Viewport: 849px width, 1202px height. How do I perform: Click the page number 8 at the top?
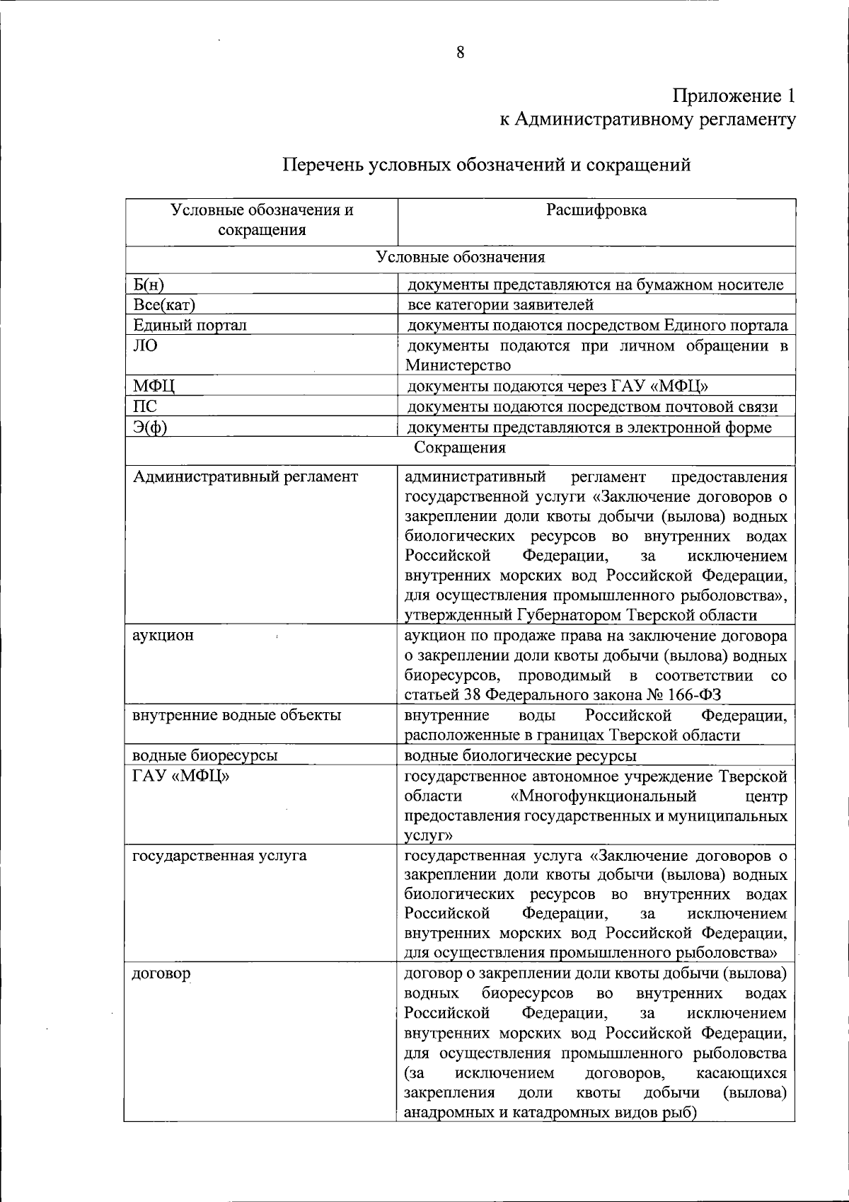(x=460, y=52)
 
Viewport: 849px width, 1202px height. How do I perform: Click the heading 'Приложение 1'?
(x=734, y=96)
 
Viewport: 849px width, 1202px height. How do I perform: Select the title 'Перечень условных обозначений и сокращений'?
(x=487, y=165)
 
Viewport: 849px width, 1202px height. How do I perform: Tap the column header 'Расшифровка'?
(x=596, y=210)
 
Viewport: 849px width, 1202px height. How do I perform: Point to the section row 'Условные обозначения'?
(x=460, y=257)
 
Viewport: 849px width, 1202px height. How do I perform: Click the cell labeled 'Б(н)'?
(x=149, y=285)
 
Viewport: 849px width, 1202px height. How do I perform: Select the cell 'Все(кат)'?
(x=164, y=305)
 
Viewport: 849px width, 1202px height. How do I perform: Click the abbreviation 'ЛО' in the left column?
(x=146, y=346)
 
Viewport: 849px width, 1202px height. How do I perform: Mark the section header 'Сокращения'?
(x=460, y=448)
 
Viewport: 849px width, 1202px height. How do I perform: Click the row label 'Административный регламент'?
(x=245, y=477)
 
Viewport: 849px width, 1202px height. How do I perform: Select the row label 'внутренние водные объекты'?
(x=237, y=715)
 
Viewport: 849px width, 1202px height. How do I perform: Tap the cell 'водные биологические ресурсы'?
(x=520, y=756)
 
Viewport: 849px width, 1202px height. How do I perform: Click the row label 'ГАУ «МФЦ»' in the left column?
(x=181, y=777)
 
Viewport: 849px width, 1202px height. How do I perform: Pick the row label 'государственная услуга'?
(x=219, y=855)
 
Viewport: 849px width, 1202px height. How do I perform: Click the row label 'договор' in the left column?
(x=161, y=973)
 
